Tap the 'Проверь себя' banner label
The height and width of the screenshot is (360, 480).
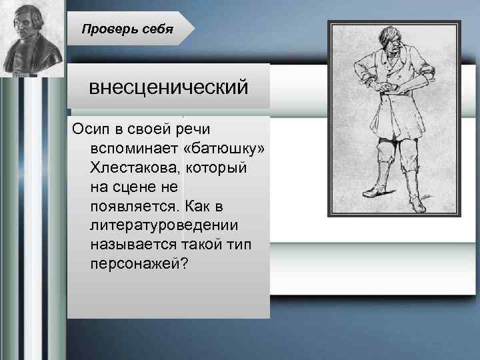tap(127, 29)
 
